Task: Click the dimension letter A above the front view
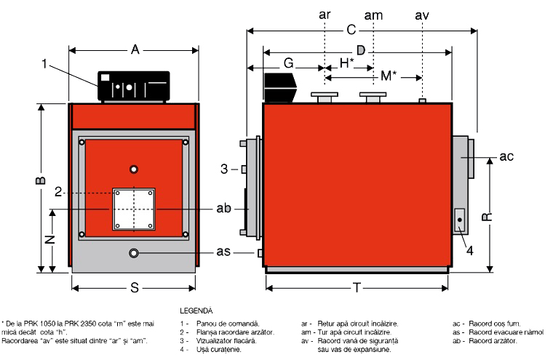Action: point(135,49)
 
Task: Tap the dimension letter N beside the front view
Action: point(49,239)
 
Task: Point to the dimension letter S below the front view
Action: point(135,288)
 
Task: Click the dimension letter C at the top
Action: point(351,31)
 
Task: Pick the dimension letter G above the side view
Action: point(289,64)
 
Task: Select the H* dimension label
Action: point(346,64)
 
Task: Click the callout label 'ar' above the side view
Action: point(324,15)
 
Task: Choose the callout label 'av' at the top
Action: point(422,15)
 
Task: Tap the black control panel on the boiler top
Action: point(135,85)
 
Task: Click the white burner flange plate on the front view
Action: point(135,209)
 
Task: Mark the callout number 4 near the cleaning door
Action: point(471,251)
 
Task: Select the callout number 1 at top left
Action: point(45,64)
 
